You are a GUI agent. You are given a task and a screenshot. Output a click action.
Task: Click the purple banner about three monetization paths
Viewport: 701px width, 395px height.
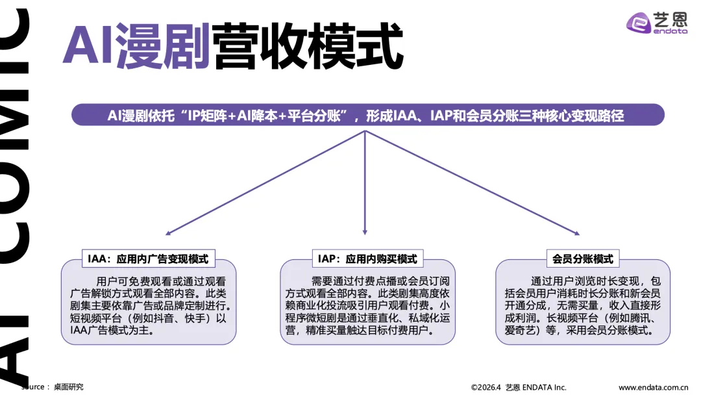[367, 115]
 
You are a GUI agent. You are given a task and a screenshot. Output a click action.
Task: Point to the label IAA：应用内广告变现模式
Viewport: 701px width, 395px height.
[149, 259]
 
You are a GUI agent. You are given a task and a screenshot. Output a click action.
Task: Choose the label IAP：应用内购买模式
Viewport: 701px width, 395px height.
[367, 259]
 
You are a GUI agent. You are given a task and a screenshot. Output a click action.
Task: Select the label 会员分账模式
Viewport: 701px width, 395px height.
[583, 259]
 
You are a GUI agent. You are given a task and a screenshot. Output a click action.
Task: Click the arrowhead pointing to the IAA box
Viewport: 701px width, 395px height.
[169, 232]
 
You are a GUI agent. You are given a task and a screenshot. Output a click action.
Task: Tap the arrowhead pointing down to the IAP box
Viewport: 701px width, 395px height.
[365, 232]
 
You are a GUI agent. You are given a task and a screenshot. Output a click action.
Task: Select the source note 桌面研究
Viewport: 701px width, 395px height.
[68, 387]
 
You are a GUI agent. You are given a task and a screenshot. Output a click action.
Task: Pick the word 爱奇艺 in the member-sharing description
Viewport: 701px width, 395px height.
[523, 331]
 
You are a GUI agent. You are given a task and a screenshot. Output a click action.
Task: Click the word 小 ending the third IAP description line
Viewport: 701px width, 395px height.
[444, 306]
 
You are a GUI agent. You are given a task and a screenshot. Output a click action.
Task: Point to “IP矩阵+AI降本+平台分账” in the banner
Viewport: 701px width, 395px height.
[267, 115]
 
